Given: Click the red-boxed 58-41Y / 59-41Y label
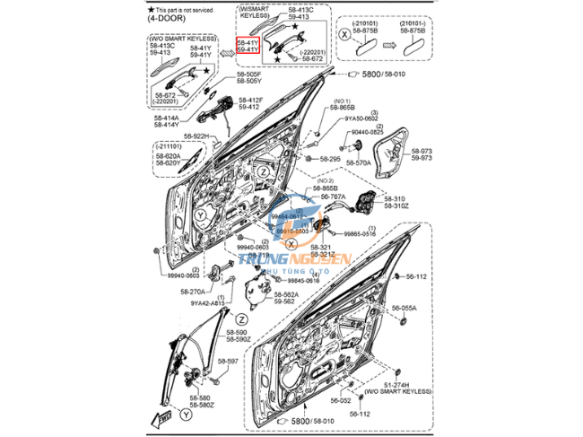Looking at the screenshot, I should pyautogui.click(x=248, y=46).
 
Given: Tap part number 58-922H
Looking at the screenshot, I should pyautogui.click(x=196, y=136).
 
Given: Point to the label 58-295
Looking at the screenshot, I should pyautogui.click(x=329, y=159).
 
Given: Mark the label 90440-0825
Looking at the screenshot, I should pyautogui.click(x=367, y=132).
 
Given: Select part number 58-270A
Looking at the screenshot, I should pyautogui.click(x=193, y=292).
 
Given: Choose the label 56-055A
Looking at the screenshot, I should pyautogui.click(x=404, y=308).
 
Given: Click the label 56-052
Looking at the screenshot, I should pyautogui.click(x=341, y=401).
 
